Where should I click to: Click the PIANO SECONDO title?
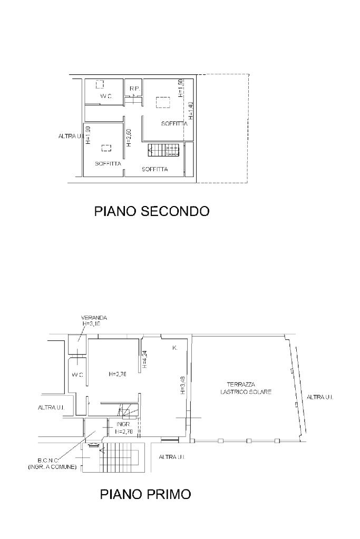click(x=152, y=211)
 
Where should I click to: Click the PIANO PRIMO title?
click(x=145, y=494)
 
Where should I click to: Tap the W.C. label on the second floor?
click(x=106, y=96)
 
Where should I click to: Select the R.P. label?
click(x=135, y=89)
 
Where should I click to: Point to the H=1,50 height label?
click(x=181, y=89)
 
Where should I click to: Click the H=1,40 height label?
click(x=191, y=111)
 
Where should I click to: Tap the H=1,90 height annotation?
click(x=87, y=135)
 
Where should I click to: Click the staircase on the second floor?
click(x=164, y=150)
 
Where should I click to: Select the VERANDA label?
click(x=94, y=318)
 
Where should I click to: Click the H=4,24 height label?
click(x=145, y=359)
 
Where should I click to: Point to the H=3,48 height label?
click(x=182, y=385)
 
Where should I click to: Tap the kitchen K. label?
click(x=174, y=348)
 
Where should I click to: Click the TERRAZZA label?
click(x=241, y=385)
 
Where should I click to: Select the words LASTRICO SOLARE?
click(x=246, y=391)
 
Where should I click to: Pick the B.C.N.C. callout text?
click(x=48, y=460)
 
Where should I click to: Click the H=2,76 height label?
click(x=118, y=374)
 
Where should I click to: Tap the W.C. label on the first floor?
click(x=77, y=375)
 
